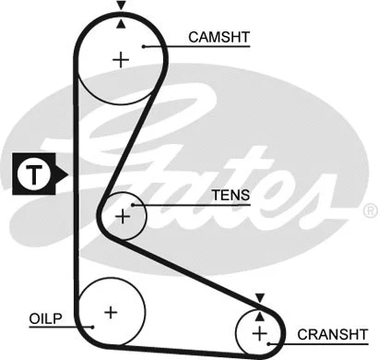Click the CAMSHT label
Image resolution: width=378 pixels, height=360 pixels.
[x=219, y=38]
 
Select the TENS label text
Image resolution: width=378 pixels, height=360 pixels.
[x=230, y=197]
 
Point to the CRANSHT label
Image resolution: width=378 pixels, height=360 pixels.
[x=332, y=332]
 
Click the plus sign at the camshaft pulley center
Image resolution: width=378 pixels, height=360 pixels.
[x=121, y=60]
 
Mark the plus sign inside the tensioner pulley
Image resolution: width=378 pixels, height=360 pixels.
[x=122, y=217]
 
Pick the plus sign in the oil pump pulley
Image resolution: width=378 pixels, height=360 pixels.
[x=111, y=311]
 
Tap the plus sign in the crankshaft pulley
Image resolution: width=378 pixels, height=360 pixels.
[x=259, y=331]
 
